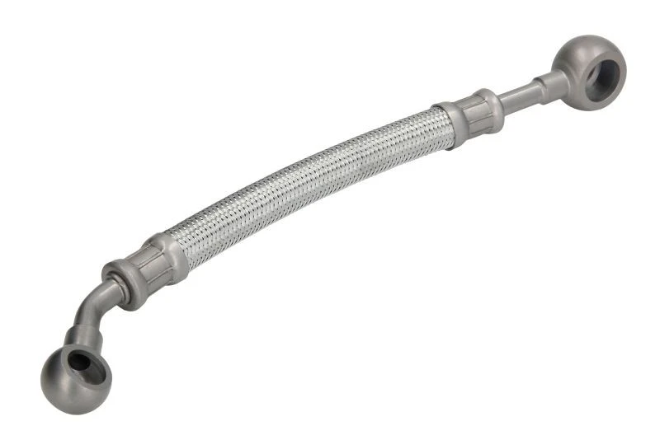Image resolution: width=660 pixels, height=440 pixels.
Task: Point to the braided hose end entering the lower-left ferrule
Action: pyautogui.click(x=185, y=244)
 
